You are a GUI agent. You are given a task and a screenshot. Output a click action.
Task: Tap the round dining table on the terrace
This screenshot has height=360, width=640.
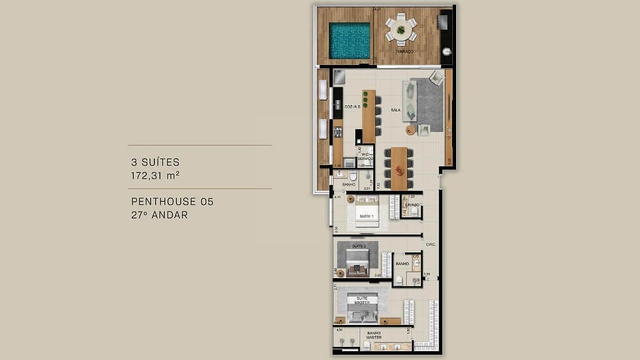tap(400, 29)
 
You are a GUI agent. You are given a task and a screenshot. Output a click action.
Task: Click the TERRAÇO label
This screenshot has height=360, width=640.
tap(404, 51)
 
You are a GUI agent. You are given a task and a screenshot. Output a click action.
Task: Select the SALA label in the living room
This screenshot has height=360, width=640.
tap(395, 110)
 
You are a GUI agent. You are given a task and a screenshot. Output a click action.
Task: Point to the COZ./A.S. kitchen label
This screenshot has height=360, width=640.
tap(352, 107)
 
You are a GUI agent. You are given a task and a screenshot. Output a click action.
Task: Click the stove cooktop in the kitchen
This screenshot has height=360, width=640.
tap(337, 132)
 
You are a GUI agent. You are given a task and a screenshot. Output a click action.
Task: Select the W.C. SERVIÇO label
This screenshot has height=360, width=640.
tap(366, 156)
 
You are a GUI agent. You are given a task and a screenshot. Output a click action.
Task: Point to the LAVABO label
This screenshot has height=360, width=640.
tap(411, 204)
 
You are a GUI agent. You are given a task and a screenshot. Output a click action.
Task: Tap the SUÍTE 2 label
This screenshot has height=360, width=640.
tap(359, 246)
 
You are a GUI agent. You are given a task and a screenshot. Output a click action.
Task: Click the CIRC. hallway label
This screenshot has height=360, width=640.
tap(430, 244)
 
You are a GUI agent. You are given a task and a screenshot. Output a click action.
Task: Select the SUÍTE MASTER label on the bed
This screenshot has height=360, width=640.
tap(363, 301)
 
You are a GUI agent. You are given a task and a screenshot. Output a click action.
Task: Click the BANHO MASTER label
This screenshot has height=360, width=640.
tap(374, 335)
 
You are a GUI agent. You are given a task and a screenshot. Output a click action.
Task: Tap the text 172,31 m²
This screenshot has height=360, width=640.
tap(155, 176)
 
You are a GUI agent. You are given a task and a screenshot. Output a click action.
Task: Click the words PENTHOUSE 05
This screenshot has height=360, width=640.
tap(172, 202)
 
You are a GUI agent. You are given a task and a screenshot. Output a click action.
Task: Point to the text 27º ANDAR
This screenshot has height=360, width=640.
tap(159, 214)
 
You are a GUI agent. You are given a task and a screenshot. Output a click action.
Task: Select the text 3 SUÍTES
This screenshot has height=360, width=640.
tap(155, 162)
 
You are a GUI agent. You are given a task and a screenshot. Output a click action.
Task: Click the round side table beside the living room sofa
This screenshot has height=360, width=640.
tap(409, 130)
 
